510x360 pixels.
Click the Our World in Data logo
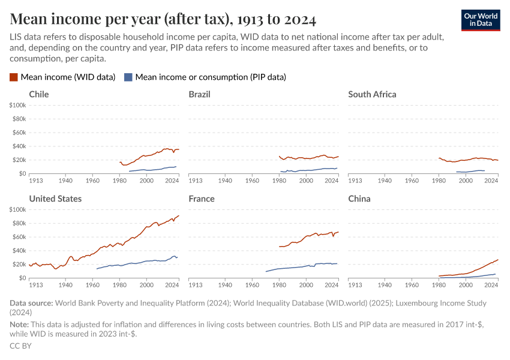(x=481, y=19)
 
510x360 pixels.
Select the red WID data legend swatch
(x=14, y=77)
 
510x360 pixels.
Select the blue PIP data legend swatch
(x=128, y=77)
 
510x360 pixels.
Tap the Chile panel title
(x=39, y=94)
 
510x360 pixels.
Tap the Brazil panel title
(x=200, y=94)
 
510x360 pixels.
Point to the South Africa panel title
(x=372, y=94)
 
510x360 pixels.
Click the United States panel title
(x=55, y=199)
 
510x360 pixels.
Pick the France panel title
(x=201, y=199)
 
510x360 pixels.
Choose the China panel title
(x=359, y=199)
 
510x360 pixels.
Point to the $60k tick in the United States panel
(x=19, y=237)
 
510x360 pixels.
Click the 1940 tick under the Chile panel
(x=66, y=180)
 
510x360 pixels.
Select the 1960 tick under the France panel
(x=252, y=284)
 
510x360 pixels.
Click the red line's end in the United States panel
(x=179, y=215)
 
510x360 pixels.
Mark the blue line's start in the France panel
(x=265, y=272)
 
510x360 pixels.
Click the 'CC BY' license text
(x=20, y=346)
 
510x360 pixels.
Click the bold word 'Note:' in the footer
(x=20, y=325)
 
